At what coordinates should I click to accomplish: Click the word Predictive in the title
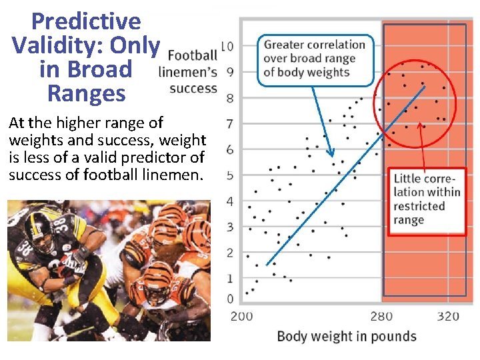coord(86,22)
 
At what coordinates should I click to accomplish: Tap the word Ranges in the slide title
coord(86,93)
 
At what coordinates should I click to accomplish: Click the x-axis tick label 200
coord(241,316)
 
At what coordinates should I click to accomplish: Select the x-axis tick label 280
coord(381,316)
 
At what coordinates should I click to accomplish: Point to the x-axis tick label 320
coord(447,316)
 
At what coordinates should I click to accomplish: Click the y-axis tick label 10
coord(227,47)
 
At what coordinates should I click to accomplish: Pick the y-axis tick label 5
coord(230,175)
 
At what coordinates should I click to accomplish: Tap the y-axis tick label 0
coord(230,299)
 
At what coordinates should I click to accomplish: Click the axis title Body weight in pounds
coord(347,336)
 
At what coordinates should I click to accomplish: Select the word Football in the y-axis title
coord(193,55)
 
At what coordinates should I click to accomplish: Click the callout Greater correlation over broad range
coord(315,59)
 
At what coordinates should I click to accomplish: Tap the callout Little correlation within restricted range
coord(427,199)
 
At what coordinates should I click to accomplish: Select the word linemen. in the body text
coord(174,175)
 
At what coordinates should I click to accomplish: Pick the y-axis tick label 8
coord(230,99)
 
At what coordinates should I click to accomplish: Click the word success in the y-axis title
coord(193,88)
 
